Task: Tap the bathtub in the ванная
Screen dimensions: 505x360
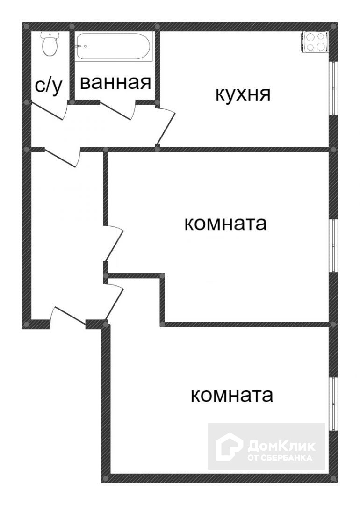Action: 113,46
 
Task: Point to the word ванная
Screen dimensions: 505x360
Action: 115,83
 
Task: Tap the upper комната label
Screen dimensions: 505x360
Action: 225,224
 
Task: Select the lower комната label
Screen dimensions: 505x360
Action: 232,396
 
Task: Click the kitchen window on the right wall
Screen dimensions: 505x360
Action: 334,87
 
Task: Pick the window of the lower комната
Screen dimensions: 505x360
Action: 334,403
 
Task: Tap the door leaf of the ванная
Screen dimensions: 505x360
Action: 117,110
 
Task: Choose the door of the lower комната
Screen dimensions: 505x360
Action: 115,302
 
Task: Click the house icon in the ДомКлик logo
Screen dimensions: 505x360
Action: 229,446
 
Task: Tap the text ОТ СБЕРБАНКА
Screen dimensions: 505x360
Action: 280,458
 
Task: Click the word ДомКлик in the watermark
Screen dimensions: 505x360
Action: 281,445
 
